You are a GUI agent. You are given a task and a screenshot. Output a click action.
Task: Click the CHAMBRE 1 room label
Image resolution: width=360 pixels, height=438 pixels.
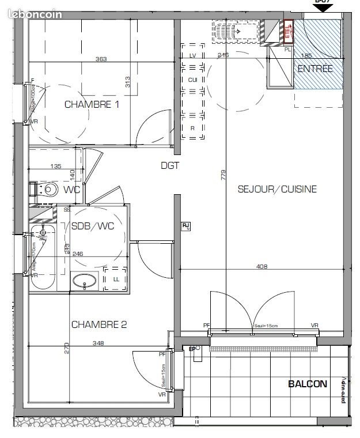92,104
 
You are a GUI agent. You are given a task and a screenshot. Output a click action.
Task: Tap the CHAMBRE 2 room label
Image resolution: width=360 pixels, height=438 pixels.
98,325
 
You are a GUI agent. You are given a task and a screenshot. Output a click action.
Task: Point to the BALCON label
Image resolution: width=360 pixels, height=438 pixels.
308,384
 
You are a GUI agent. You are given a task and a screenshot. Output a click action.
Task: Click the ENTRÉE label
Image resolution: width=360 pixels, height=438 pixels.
315,69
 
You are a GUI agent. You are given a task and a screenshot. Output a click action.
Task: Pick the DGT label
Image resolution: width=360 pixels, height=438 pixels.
170,166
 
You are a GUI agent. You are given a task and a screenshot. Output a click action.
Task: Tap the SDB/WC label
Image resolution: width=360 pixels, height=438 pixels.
92,226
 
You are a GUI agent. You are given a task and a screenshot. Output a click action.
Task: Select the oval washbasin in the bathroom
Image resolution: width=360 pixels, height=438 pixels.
85,283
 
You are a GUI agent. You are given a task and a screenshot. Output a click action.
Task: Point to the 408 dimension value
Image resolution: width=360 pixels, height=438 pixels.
262,267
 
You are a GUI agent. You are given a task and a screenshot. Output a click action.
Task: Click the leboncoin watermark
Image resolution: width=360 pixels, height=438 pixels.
21,5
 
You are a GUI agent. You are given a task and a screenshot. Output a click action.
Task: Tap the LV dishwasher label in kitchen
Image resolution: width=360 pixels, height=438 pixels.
193,55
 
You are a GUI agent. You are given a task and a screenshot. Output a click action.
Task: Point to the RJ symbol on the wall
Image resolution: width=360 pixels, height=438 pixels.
185,226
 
